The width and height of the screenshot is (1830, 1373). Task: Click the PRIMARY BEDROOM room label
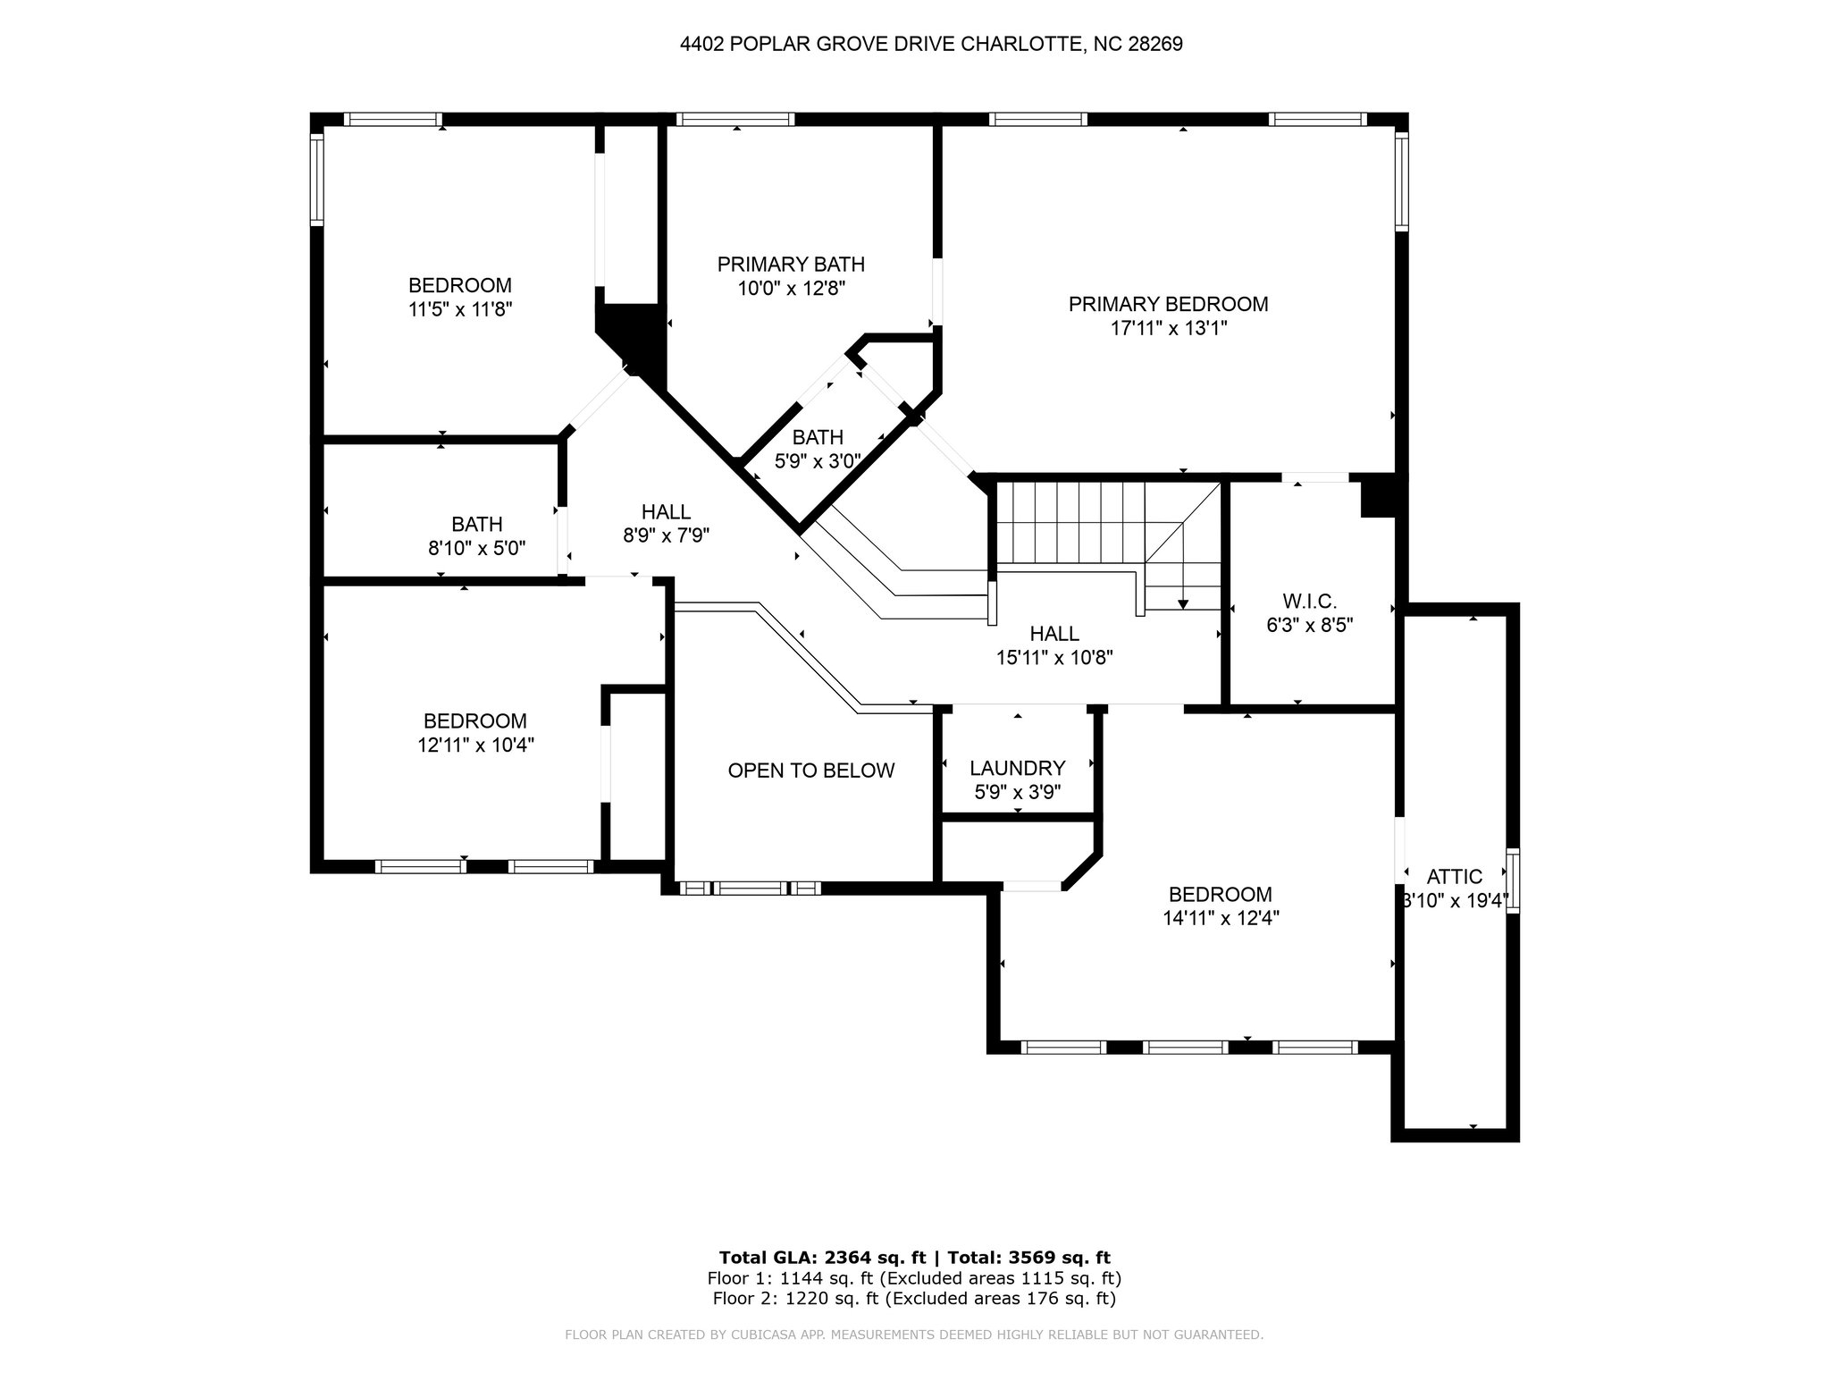tap(1168, 304)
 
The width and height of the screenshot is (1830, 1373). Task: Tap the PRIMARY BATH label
tap(791, 265)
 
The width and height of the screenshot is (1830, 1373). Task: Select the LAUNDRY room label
tap(1017, 768)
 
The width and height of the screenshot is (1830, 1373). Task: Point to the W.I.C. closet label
tap(1309, 602)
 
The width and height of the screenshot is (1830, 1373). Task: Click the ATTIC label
tap(1454, 877)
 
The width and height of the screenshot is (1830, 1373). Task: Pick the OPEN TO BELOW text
tap(810, 771)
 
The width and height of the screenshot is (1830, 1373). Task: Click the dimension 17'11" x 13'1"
tap(1168, 328)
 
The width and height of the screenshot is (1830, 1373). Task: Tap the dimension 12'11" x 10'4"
tap(475, 745)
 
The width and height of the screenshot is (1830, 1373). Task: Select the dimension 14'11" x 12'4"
tap(1220, 918)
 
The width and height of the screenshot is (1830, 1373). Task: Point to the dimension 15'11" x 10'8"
tap(1054, 658)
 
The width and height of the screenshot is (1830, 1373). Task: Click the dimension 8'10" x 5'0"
tap(476, 548)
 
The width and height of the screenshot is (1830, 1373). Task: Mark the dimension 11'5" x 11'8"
tap(459, 309)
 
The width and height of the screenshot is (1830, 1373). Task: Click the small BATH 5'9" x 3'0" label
tap(818, 449)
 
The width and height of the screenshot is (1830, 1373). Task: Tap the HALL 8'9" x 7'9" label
tap(666, 524)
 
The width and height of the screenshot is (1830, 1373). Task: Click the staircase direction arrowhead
tap(1183, 604)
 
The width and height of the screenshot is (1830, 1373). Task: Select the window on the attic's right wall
tap(1512, 880)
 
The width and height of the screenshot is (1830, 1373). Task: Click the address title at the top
tap(931, 44)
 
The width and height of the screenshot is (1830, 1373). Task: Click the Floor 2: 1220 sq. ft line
tap(914, 1299)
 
